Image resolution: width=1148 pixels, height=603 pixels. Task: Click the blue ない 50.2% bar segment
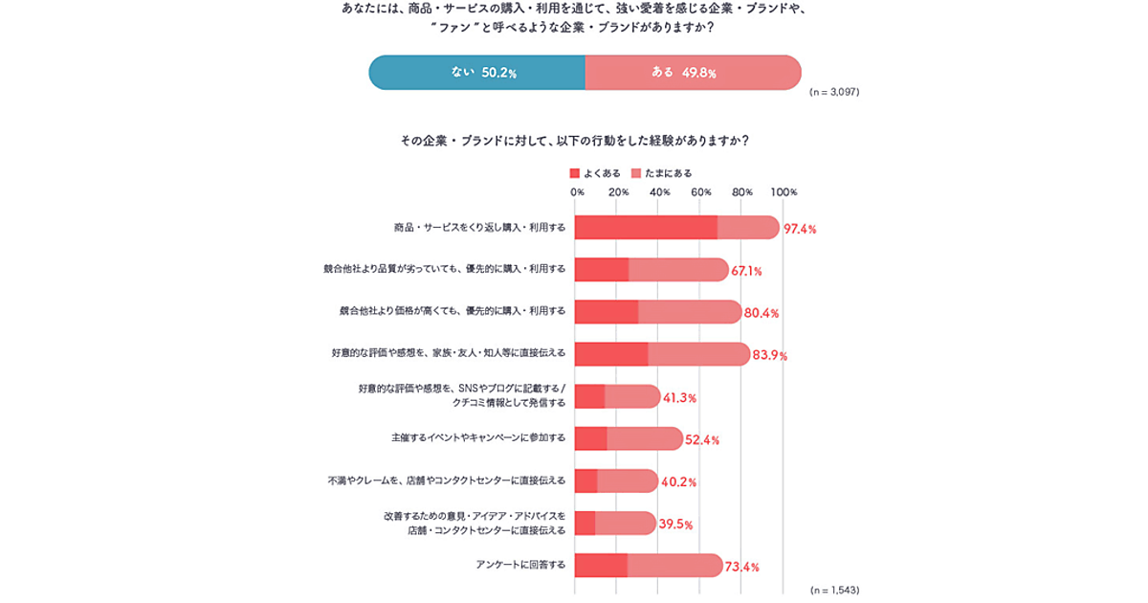(x=476, y=73)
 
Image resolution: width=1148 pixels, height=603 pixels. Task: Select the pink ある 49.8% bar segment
(x=693, y=73)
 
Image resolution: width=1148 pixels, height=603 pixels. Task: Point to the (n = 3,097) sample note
(x=834, y=93)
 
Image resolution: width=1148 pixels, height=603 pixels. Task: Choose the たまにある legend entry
(x=662, y=173)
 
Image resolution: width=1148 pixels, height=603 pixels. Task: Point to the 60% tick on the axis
(x=701, y=192)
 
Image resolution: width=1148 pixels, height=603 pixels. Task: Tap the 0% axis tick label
(x=577, y=192)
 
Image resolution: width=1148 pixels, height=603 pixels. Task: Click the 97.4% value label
(x=800, y=229)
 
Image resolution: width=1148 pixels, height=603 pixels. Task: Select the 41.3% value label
(x=679, y=398)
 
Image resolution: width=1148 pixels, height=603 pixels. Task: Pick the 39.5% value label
(x=675, y=525)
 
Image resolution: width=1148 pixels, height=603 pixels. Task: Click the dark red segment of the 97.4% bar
(x=646, y=228)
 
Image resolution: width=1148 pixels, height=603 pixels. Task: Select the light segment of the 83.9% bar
(x=698, y=354)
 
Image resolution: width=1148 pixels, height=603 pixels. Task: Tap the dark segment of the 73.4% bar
(x=601, y=566)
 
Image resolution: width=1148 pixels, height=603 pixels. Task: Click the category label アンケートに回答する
(x=520, y=565)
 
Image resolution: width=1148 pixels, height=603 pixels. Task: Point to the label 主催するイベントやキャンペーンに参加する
(x=478, y=437)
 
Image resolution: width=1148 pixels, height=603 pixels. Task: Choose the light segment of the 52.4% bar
(x=645, y=438)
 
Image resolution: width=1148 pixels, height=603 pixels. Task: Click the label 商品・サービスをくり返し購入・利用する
(x=480, y=228)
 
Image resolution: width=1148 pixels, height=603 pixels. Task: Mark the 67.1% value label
(x=746, y=272)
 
